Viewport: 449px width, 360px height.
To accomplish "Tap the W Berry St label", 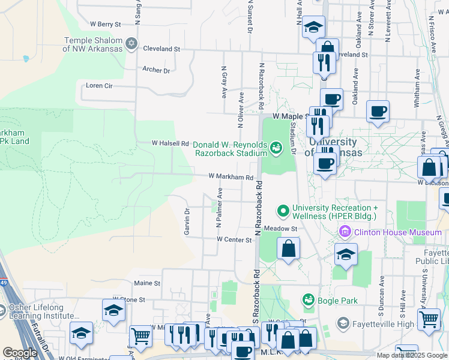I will click(x=106, y=24).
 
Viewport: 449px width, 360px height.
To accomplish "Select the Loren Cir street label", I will click(x=99, y=86).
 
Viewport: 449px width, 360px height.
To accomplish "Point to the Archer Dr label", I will click(x=156, y=70).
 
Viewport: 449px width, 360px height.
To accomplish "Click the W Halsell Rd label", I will click(x=170, y=143).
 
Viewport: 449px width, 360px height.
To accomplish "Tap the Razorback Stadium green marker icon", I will click(x=276, y=147).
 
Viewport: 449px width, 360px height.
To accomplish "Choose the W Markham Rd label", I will click(x=231, y=177).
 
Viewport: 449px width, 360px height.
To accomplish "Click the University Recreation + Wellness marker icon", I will click(x=283, y=211).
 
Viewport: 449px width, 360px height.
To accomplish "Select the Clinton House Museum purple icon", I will click(x=345, y=232).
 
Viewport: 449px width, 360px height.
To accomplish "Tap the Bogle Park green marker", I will click(x=309, y=299).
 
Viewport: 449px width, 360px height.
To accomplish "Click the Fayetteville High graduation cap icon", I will click(x=343, y=324).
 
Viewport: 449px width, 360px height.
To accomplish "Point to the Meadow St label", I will click(x=281, y=229).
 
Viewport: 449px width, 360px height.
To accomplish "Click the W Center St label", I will click(x=234, y=239).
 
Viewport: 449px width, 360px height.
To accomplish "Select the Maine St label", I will click(x=147, y=283).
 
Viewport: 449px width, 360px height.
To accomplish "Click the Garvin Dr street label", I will click(x=187, y=221).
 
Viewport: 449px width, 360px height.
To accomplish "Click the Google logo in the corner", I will click(x=20, y=352).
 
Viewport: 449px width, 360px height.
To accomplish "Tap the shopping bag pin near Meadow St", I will click(x=289, y=248).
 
